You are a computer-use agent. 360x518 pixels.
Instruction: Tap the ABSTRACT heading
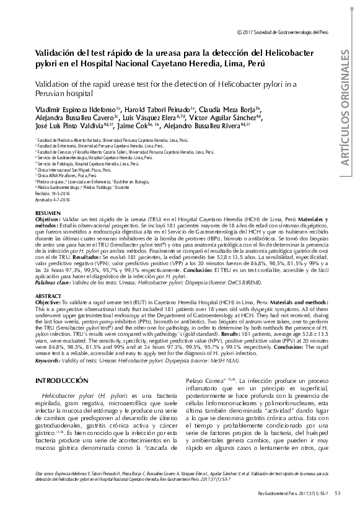click(48, 279)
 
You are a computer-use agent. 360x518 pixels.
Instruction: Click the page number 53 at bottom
click(336, 493)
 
